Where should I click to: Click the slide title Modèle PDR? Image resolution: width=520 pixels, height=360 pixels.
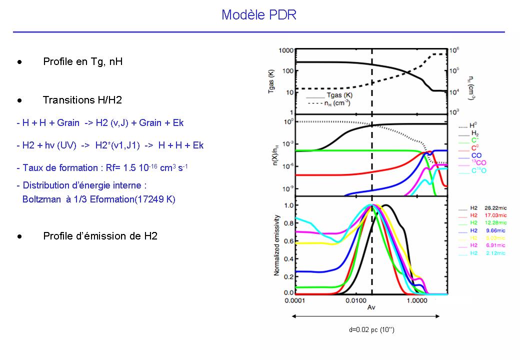click(x=259, y=15)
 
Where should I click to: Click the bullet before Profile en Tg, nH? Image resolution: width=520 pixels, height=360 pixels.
click(x=19, y=62)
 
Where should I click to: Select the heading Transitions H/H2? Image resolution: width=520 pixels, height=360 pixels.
click(x=82, y=100)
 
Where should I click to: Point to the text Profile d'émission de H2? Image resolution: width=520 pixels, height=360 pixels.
click(x=100, y=236)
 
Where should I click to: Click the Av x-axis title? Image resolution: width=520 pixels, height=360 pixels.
click(x=371, y=308)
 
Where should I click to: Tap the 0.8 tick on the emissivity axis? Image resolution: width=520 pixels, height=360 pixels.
click(x=289, y=223)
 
